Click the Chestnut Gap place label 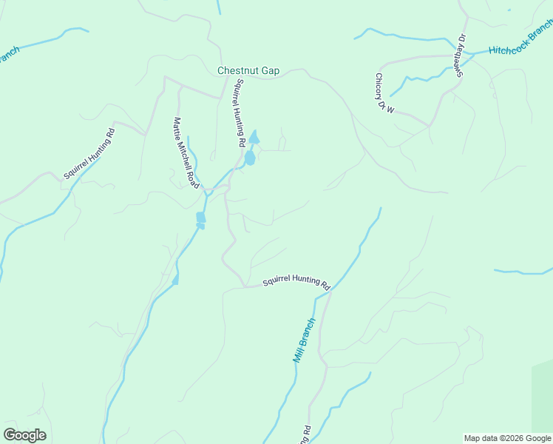pyautogui.click(x=248, y=71)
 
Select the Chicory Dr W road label pyautogui.click(x=384, y=93)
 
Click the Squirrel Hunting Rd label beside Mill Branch pyautogui.click(x=296, y=283)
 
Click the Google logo pyautogui.click(x=24, y=435)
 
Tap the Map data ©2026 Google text pyautogui.click(x=507, y=438)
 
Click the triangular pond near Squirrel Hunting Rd pyautogui.click(x=254, y=138)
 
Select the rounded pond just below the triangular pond pyautogui.click(x=250, y=158)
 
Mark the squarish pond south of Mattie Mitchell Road pyautogui.click(x=200, y=218)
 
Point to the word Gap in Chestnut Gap pyautogui.click(x=270, y=71)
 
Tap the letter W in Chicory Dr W pyautogui.click(x=391, y=109)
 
